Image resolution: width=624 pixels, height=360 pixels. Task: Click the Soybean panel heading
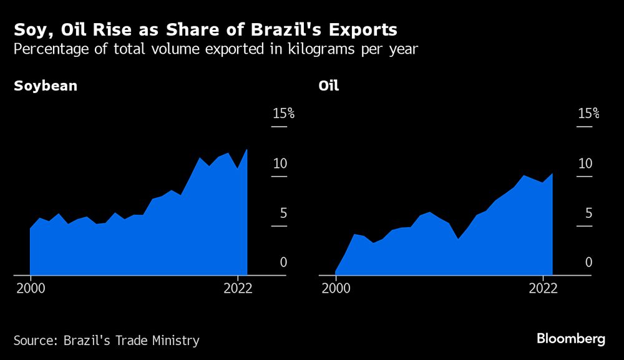coord(46,86)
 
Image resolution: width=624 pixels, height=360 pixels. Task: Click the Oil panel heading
coord(329,86)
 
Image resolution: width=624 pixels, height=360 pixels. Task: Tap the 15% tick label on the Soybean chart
coord(283,113)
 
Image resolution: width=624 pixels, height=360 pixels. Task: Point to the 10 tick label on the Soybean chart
coord(280,163)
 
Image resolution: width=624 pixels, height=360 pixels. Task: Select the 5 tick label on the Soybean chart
coord(283,213)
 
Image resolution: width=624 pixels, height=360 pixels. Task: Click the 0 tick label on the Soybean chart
coord(283,262)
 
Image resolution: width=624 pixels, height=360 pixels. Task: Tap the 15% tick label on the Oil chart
coord(588,113)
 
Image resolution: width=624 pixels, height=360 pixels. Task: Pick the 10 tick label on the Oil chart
coord(585,163)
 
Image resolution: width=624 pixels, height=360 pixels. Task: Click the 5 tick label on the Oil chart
coord(588,213)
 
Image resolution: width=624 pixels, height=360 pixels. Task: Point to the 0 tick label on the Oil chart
coord(589,262)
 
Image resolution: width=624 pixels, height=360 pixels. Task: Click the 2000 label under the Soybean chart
coord(30,288)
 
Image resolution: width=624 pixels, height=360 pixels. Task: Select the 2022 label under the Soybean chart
coord(237,288)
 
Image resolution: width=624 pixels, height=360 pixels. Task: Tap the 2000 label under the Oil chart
coord(336,288)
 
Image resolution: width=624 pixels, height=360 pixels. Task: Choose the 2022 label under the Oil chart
coord(543,288)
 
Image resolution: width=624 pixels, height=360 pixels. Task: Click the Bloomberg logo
coord(571,339)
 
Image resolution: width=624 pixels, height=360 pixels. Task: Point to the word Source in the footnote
coord(34,341)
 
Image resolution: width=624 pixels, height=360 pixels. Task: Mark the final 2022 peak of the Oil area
coord(552,173)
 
